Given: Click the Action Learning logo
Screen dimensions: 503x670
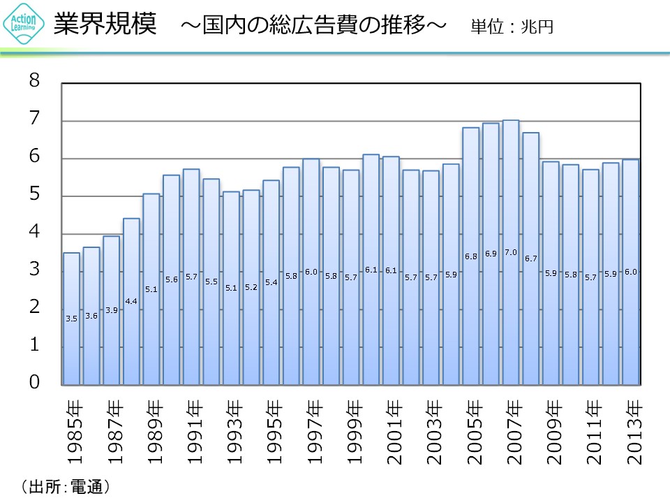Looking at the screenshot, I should pos(24,26).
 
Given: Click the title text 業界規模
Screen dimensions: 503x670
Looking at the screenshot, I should pos(104,26).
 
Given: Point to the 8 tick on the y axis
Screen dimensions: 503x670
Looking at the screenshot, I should pos(35,82).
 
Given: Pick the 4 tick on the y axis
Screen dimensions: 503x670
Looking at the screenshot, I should pos(35,233).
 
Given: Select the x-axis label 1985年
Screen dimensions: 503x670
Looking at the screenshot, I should pos(72,432).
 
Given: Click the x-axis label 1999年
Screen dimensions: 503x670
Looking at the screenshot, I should pos(352,432).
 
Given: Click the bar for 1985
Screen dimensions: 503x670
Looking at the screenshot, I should pos(71,319).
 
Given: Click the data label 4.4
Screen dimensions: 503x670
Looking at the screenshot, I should pos(131,301).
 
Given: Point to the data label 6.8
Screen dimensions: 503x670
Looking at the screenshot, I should pos(470,256).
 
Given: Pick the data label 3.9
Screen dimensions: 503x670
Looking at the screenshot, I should pos(111,310).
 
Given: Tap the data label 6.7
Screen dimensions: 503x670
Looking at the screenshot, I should pos(531,258).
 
